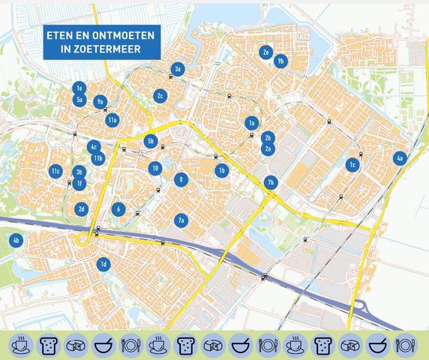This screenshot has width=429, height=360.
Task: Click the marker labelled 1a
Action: tap(252, 123)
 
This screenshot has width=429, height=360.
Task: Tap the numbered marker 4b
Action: tap(16, 241)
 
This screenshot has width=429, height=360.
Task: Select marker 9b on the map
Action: tap(281, 61)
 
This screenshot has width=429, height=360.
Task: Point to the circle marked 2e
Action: tap(265, 52)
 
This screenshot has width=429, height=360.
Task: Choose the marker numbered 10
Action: tap(154, 169)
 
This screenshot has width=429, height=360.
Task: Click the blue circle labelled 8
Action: tap(181, 179)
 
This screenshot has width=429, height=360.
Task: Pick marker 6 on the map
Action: tap(118, 209)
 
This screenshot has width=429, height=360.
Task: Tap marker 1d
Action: tap(103, 264)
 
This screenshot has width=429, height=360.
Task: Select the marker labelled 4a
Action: tap(400, 158)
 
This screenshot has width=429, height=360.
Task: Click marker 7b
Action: tap(271, 181)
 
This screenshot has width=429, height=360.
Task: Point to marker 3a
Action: tap(178, 69)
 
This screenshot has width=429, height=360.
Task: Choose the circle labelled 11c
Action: tap(55, 172)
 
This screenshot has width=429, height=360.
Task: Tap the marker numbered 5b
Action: tap(150, 140)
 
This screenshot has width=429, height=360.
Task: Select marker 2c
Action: tap(160, 96)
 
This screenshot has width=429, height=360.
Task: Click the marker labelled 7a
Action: tap(181, 220)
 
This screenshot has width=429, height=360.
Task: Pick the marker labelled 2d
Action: tap(82, 209)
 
